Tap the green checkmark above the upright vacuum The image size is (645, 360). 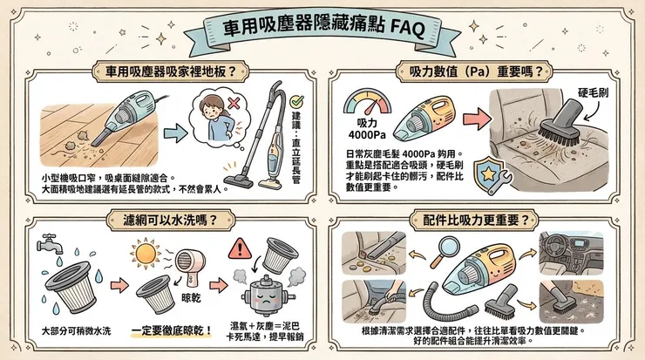(295, 101)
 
